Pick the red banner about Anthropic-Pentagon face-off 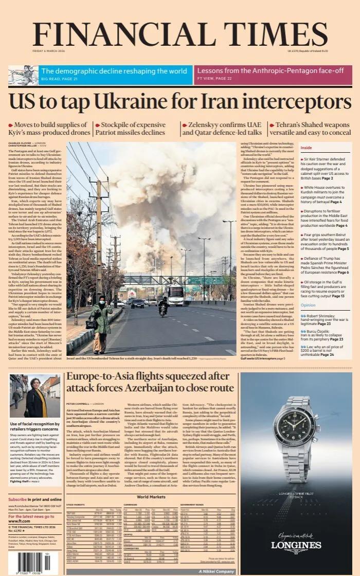coord(272,74)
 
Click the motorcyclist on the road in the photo coord(163,307)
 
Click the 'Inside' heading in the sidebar coord(306,148)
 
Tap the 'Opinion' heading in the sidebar coord(308,305)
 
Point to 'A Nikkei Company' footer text coord(217,571)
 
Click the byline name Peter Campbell coord(79,404)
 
